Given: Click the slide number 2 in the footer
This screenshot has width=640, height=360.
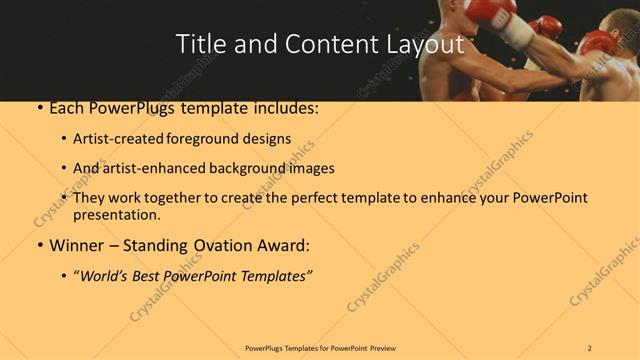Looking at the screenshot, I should click(x=590, y=347).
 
